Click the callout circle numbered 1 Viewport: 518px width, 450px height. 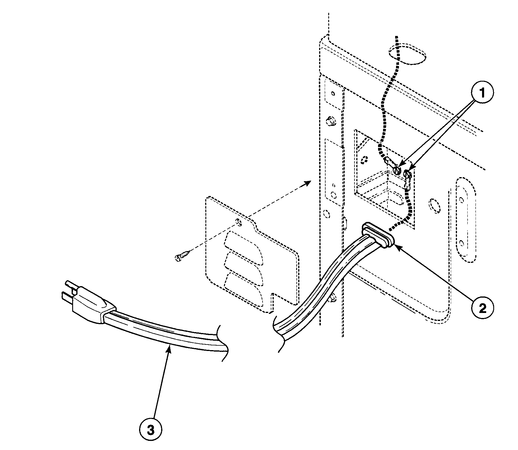pos(482,93)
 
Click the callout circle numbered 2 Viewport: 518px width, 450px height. pos(482,308)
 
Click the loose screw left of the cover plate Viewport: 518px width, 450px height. pos(183,255)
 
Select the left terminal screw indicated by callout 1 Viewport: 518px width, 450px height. pos(397,170)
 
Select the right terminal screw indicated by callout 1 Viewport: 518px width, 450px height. pos(408,174)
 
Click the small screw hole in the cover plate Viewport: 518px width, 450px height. pos(239,223)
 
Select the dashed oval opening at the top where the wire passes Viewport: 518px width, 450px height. pos(407,54)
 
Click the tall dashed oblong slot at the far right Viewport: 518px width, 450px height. pos(465,220)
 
